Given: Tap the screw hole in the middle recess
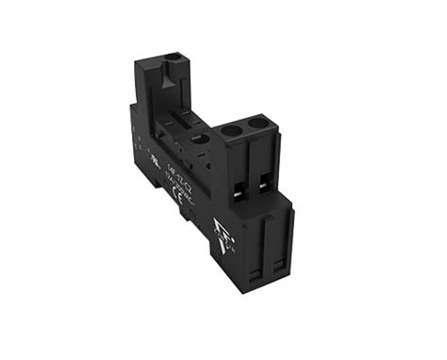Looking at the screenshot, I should point(197,138).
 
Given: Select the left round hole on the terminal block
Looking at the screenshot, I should point(233,131).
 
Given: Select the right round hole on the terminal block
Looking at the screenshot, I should point(257,124).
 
